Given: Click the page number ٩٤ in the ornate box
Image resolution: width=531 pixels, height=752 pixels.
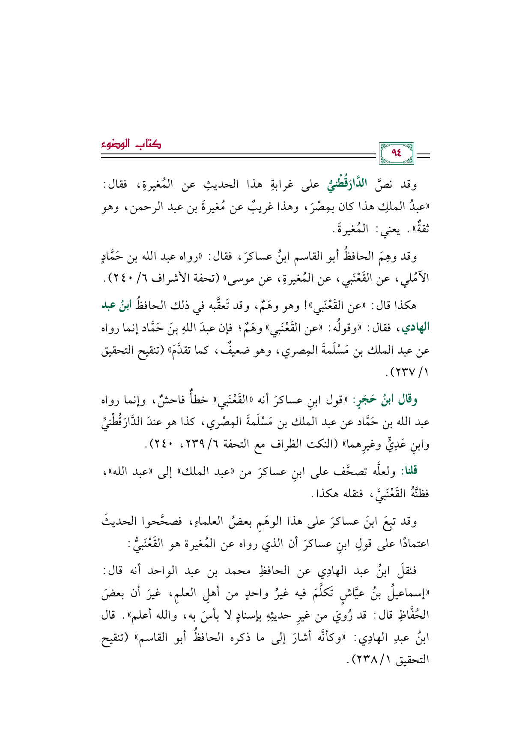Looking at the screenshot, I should click(397, 153).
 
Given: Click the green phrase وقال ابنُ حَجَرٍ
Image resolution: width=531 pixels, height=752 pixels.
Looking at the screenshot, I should click(391, 400).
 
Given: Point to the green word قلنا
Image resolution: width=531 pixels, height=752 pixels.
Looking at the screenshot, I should click(409, 471).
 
